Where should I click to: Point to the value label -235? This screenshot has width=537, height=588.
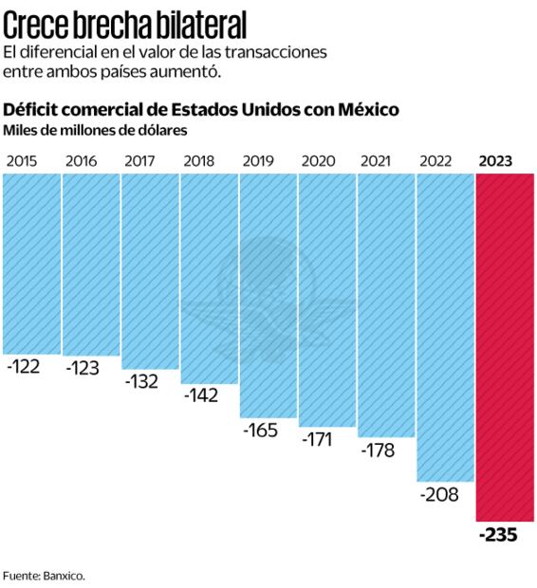tap(498, 535)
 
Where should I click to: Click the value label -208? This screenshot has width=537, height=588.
tap(438, 495)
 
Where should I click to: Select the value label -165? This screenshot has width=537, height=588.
tap(260, 431)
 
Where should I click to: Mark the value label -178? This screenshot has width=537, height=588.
tap(378, 450)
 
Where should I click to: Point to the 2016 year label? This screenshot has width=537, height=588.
tap(82, 160)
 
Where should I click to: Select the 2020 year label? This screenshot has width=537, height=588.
tap(318, 160)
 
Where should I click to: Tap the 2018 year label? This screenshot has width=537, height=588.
tap(199, 160)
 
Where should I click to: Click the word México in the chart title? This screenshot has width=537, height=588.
tap(365, 110)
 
